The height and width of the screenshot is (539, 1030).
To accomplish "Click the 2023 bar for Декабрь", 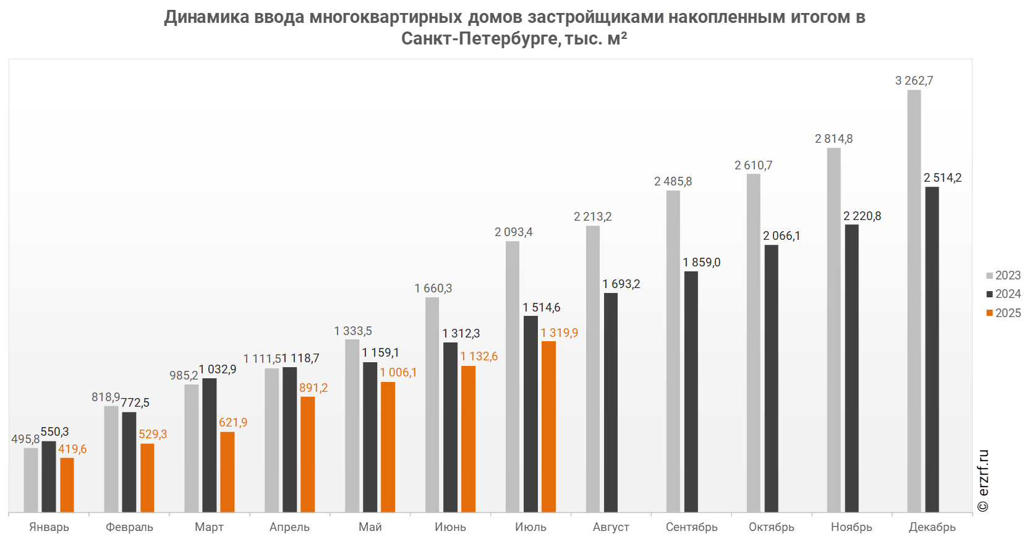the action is [x=914, y=301].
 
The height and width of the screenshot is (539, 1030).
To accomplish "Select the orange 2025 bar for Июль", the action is [x=548, y=427].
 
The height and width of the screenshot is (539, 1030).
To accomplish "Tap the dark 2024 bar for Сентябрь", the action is [x=691, y=392].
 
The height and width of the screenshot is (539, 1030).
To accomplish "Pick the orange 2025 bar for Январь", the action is [x=67, y=485].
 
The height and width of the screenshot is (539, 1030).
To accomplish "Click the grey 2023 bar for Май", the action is [x=352, y=426].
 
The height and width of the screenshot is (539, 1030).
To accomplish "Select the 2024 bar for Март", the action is [x=209, y=445].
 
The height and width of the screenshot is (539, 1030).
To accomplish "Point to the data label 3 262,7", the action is [x=914, y=81].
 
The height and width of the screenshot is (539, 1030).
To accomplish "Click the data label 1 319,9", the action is [x=559, y=333].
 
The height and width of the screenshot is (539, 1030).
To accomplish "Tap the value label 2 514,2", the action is [x=943, y=178].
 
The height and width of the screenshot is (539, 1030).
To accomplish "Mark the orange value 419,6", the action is [x=72, y=449].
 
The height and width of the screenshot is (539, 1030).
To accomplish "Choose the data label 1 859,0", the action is [x=702, y=263].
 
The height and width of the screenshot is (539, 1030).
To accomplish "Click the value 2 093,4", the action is [x=514, y=232].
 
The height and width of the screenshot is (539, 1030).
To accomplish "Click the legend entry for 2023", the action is [x=1004, y=276].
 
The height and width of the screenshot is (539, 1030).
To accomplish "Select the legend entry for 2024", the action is [x=1004, y=294].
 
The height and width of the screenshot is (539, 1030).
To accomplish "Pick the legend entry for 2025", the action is [x=1004, y=313].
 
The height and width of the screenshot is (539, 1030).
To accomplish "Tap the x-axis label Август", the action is [x=611, y=527].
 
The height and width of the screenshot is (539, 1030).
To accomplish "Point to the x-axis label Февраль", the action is [x=129, y=527].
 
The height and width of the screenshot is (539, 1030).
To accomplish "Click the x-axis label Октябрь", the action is [x=772, y=527].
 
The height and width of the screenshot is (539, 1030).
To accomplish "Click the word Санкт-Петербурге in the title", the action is [x=480, y=38].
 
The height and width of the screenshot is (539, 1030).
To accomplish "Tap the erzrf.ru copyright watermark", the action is [x=982, y=481].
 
